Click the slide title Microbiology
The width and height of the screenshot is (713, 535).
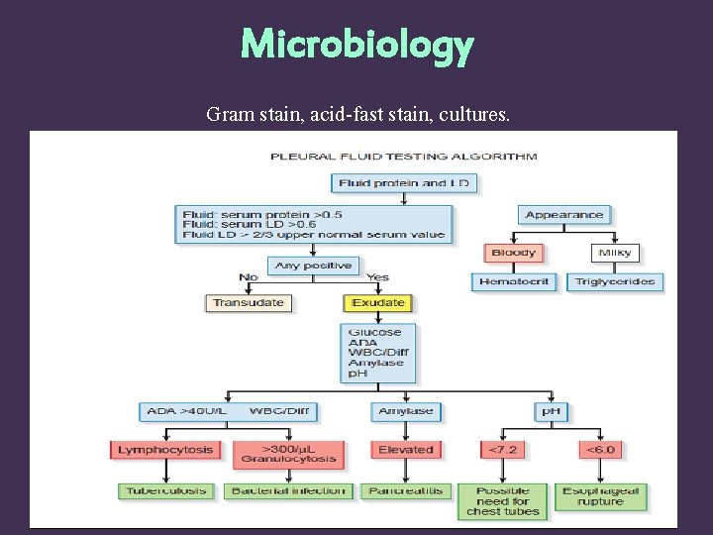[x=356, y=46]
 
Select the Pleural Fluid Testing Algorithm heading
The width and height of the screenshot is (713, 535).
[x=404, y=156]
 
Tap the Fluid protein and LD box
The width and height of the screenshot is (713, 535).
[x=405, y=183]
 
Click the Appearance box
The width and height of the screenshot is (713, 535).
[x=564, y=214]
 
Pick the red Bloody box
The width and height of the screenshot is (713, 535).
[x=513, y=253]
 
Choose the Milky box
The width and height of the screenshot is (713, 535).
[x=615, y=253]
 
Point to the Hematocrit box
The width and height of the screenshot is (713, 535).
[x=514, y=281]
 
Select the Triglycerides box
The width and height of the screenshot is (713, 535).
[x=615, y=281]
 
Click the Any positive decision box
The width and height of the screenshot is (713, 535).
[x=313, y=266]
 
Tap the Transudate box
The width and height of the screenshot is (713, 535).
[x=249, y=303]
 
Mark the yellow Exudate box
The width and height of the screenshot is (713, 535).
[x=378, y=303]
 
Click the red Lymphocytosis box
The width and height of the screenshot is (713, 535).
[x=165, y=450]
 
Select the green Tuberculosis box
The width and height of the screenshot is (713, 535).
[x=165, y=490]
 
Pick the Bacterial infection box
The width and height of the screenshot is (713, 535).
[x=288, y=490]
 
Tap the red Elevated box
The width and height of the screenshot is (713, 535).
[x=405, y=450]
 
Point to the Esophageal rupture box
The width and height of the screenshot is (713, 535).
[x=601, y=496]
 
